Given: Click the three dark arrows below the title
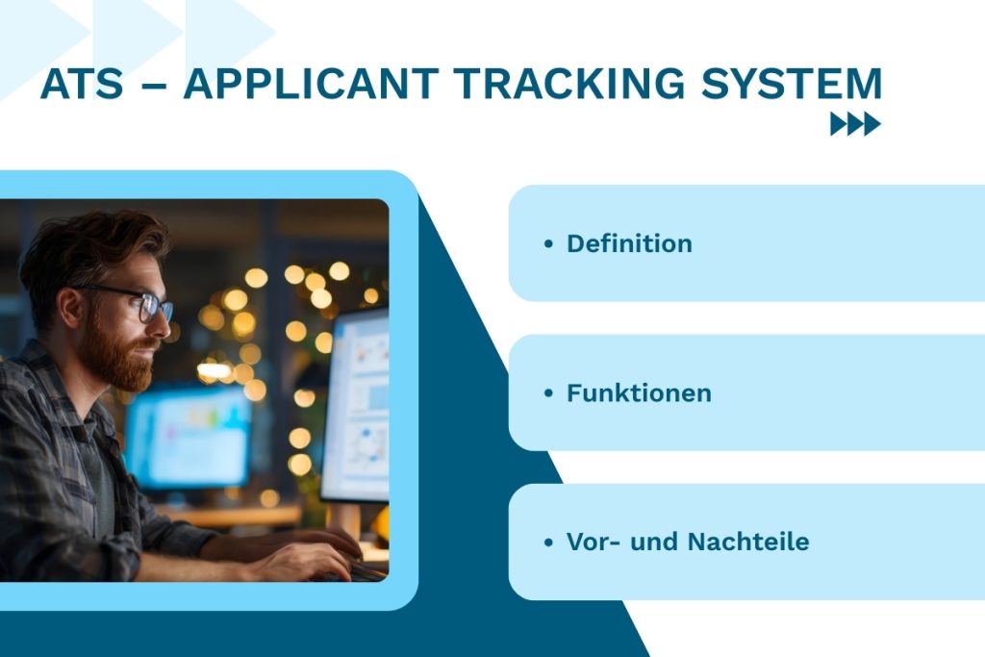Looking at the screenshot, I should (x=855, y=124).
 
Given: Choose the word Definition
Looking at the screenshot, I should (x=629, y=243).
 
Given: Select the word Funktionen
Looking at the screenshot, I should (x=639, y=392).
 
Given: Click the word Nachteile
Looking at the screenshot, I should (x=747, y=542).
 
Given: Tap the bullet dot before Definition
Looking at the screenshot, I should (x=548, y=244).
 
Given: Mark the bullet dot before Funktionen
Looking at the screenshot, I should (x=548, y=393).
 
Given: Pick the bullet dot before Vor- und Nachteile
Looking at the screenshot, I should (x=548, y=543).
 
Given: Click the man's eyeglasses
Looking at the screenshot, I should (x=144, y=304).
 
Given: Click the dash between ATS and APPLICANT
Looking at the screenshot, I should (x=154, y=87).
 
